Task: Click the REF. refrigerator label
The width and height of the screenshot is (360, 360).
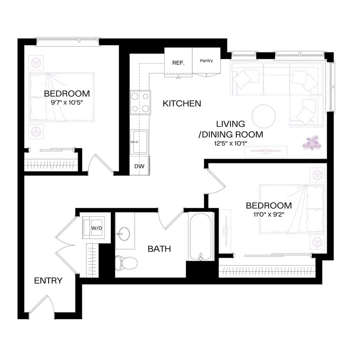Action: (x=178, y=63)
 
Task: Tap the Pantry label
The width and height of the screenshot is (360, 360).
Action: (x=206, y=61)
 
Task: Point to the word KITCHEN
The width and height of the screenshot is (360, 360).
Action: (x=182, y=103)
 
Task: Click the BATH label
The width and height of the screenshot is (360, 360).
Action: (x=159, y=249)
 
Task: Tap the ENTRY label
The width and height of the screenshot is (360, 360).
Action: (x=48, y=281)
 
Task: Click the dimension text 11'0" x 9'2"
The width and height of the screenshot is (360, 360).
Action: (x=268, y=214)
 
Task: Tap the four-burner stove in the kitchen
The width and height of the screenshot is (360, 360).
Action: (x=140, y=102)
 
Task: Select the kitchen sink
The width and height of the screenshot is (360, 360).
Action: (x=139, y=141)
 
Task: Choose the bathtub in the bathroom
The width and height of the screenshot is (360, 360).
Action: (x=200, y=236)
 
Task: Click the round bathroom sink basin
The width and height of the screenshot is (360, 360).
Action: (x=124, y=234)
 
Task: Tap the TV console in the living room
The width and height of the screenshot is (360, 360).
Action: (x=266, y=151)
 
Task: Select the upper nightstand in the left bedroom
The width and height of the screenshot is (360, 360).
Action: (x=36, y=63)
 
